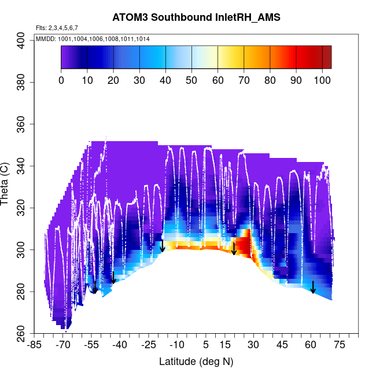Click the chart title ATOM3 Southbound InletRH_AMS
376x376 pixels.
pyautogui.click(x=196, y=17)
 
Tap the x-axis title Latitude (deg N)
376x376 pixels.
pyautogui.click(x=196, y=362)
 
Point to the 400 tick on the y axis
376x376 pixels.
pyautogui.click(x=23, y=40)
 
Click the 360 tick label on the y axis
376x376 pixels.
pyautogui.click(x=23, y=124)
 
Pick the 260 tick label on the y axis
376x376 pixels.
pyautogui.click(x=23, y=333)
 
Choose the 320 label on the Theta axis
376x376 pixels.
pyautogui.click(x=23, y=208)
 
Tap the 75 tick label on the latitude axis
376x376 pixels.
pyautogui.click(x=339, y=345)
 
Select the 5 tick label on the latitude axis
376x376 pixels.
pyautogui.click(x=206, y=345)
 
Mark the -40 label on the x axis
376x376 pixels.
pyautogui.click(x=120, y=345)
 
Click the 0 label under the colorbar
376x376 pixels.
pyautogui.click(x=61, y=80)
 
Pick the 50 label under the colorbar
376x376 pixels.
pyautogui.click(x=191, y=80)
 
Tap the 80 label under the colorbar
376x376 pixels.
pyautogui.click(x=270, y=80)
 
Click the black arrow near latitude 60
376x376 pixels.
pyautogui.click(x=313, y=287)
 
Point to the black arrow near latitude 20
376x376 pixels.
pyautogui.click(x=234, y=248)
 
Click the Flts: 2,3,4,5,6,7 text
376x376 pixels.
pyautogui.click(x=57, y=28)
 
